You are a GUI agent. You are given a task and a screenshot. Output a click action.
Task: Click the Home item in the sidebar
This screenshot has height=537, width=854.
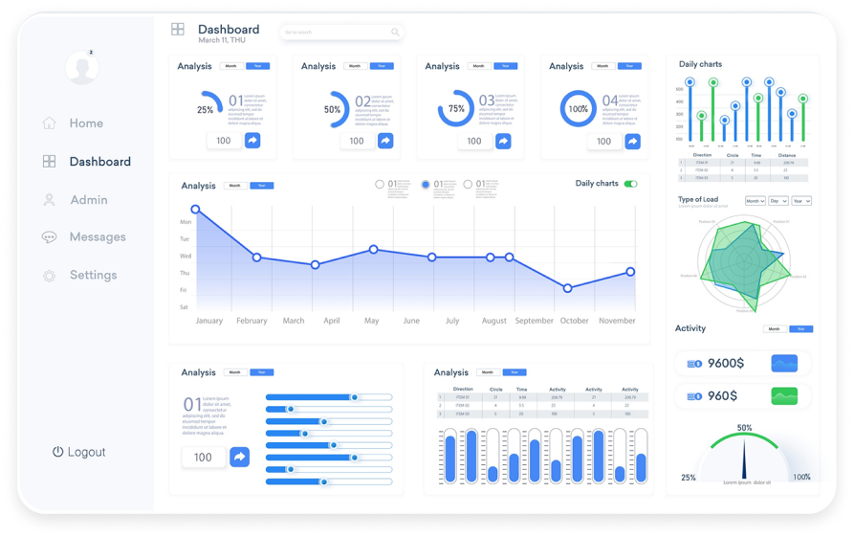(85, 123)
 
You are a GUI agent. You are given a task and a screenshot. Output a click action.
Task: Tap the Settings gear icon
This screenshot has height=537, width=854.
(49, 276)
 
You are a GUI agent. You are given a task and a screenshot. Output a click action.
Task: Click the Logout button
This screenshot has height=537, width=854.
(79, 452)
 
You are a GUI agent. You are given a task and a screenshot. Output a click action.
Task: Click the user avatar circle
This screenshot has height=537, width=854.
(82, 67)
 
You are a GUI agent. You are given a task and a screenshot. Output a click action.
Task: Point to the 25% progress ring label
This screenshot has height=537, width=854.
(206, 110)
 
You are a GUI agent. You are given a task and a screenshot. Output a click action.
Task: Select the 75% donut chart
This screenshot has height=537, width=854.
(456, 108)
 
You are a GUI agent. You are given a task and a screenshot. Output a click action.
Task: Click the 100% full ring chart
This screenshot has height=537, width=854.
(578, 108)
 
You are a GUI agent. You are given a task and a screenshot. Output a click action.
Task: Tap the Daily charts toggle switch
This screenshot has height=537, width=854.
(630, 184)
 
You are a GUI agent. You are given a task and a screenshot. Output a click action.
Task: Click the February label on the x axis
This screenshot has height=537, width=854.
(252, 321)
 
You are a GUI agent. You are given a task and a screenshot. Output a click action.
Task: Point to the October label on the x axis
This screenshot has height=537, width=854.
(575, 321)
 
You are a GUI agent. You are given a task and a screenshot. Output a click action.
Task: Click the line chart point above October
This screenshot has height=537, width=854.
(568, 288)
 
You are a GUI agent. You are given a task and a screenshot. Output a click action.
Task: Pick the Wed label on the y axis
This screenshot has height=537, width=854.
(185, 257)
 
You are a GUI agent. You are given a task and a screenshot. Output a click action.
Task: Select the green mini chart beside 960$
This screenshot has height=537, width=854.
(784, 395)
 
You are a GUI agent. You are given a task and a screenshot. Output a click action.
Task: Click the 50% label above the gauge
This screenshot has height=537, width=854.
(744, 428)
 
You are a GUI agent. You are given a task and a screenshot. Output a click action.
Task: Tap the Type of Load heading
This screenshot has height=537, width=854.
(698, 200)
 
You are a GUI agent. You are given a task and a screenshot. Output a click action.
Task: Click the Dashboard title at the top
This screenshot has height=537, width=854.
(229, 30)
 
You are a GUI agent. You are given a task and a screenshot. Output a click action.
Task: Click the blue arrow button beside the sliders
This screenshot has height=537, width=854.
(240, 457)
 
